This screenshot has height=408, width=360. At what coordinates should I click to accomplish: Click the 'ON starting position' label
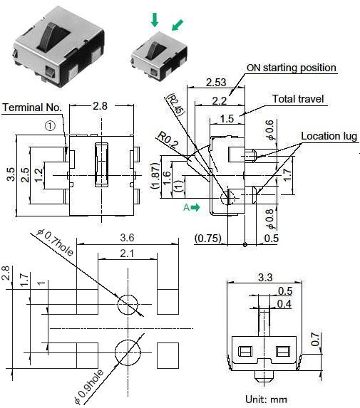click(x=291, y=68)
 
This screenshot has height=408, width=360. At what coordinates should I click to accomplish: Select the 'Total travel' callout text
click(x=299, y=99)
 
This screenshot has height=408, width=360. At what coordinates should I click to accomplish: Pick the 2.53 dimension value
click(x=217, y=83)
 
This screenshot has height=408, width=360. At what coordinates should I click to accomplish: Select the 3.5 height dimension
click(x=10, y=174)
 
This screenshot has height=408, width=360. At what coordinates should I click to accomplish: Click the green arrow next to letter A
click(x=195, y=206)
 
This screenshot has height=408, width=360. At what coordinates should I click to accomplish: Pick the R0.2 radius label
click(x=168, y=139)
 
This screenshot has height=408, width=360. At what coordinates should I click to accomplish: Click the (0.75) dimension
click(x=208, y=238)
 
